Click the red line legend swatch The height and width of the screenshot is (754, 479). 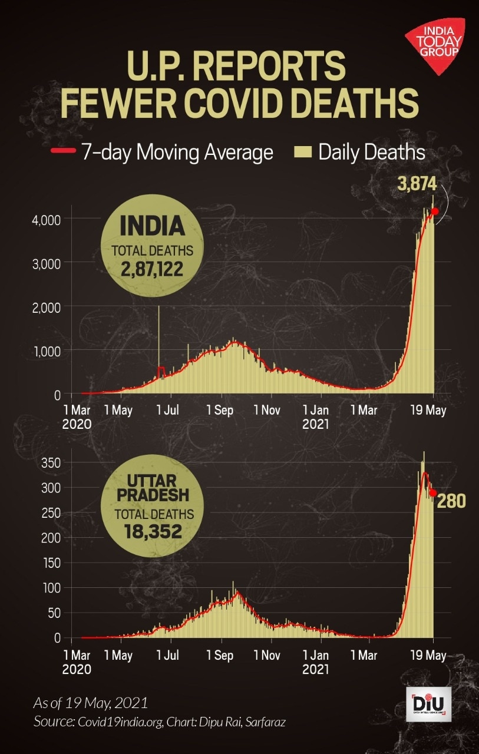pyautogui.click(x=63, y=151)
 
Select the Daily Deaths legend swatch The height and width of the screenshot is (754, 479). pyautogui.click(x=302, y=152)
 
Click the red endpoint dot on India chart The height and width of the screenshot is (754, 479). pyautogui.click(x=435, y=211)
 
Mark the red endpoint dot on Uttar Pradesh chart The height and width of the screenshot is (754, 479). pyautogui.click(x=432, y=492)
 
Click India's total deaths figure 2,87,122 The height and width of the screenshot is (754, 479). pyautogui.click(x=153, y=270)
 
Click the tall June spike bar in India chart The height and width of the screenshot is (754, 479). pyautogui.click(x=158, y=342)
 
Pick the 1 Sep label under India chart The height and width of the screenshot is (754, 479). pyautogui.click(x=220, y=411)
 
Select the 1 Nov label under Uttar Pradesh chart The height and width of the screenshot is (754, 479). pyautogui.click(x=267, y=655)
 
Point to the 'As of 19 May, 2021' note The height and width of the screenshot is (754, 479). pyautogui.click(x=91, y=703)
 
